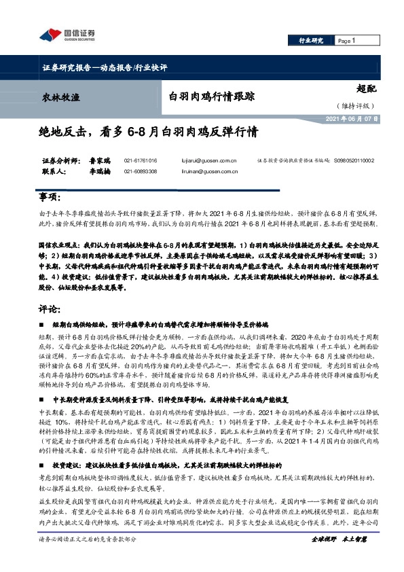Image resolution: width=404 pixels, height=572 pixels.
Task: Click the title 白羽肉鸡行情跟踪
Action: coord(211,96)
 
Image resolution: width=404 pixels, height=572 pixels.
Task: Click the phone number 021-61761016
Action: coord(141,161)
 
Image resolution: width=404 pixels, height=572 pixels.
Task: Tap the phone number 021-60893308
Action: coord(141,172)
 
